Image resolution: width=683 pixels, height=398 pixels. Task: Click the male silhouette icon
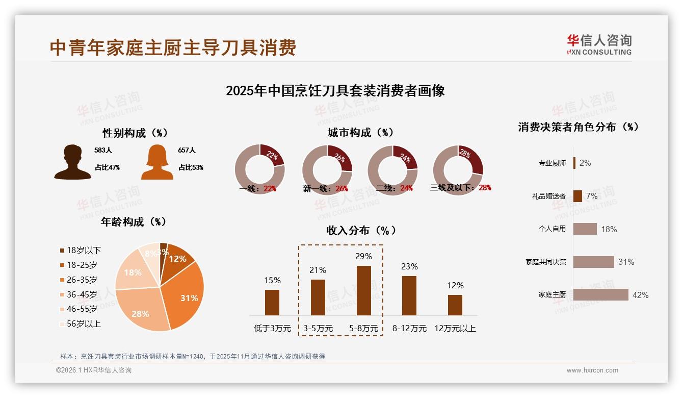(72, 162)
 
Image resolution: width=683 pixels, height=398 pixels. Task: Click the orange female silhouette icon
(157, 162)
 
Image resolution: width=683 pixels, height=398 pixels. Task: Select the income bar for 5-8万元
(363, 290)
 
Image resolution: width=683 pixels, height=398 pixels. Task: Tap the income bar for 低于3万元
(272, 302)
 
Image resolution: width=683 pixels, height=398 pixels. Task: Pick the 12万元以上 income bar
(455, 305)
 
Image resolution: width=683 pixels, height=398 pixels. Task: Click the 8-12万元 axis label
(409, 329)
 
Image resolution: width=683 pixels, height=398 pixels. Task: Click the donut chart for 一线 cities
(259, 169)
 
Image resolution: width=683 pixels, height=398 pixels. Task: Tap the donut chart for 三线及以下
(458, 169)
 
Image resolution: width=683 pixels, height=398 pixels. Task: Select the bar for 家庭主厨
(600, 294)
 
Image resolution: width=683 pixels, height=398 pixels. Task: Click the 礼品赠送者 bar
(577, 196)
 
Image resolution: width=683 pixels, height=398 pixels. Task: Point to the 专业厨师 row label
(552, 163)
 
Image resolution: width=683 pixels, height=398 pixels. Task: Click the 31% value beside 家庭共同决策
(626, 262)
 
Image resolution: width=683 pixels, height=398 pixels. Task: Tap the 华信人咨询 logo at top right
(599, 44)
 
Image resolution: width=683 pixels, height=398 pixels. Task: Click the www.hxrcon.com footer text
(592, 370)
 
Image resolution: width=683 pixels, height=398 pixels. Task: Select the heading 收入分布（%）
(361, 230)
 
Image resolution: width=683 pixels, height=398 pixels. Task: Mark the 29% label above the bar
(363, 256)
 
